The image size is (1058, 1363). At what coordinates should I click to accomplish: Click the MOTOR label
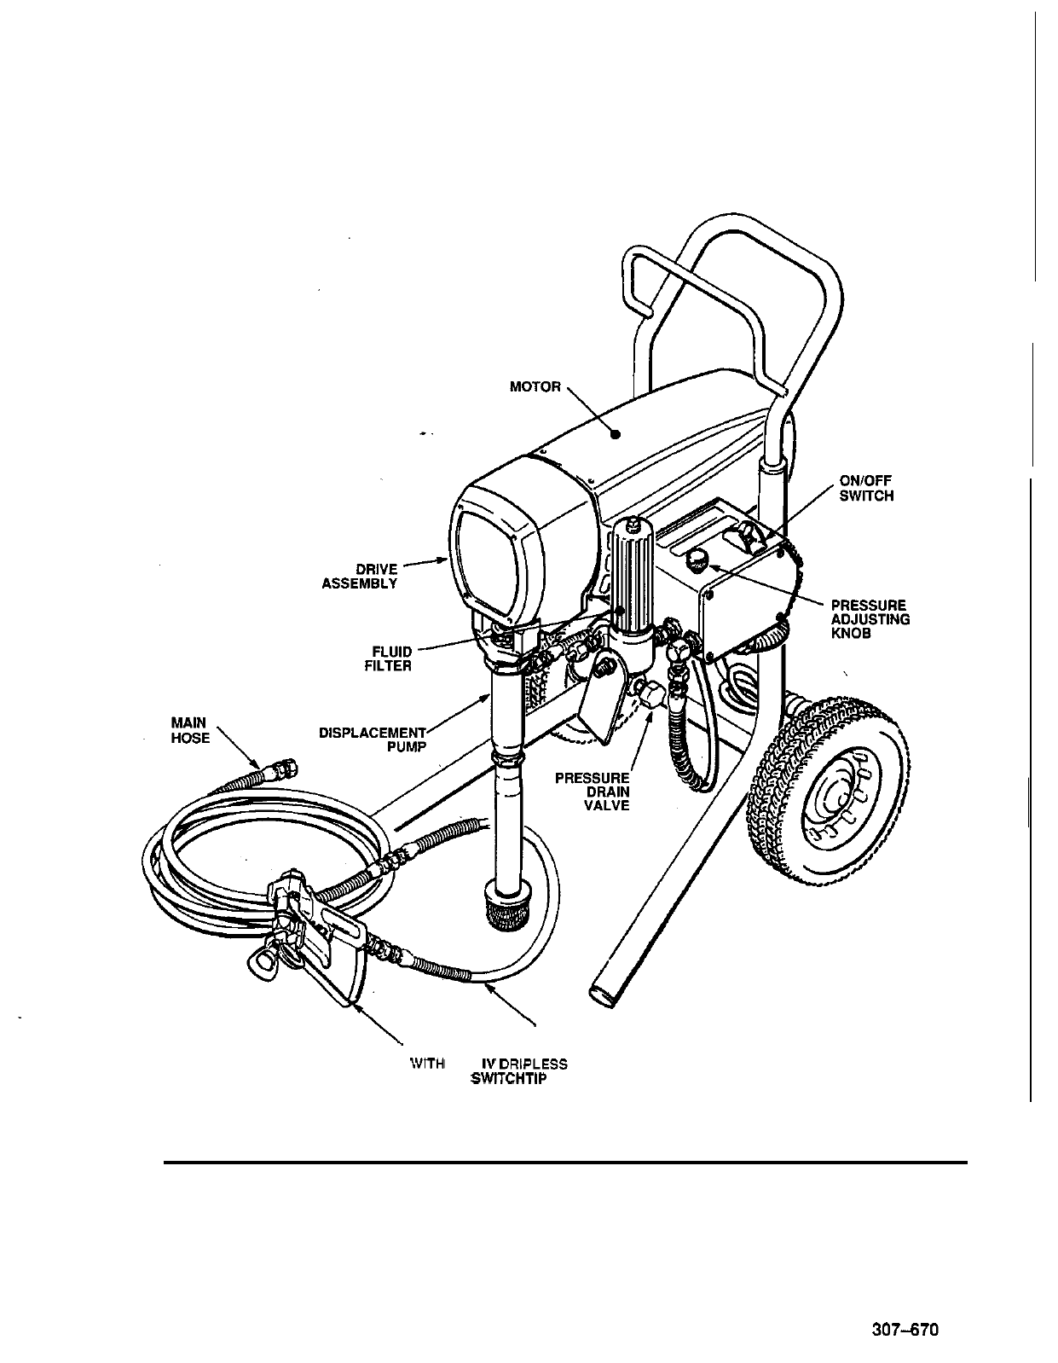(x=535, y=387)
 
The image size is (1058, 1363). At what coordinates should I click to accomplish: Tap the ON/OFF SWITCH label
(x=866, y=489)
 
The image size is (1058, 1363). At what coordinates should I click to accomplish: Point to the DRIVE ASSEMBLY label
(x=360, y=577)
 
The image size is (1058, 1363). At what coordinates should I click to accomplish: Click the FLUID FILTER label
(x=388, y=659)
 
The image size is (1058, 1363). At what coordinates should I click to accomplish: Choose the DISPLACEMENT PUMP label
(x=373, y=739)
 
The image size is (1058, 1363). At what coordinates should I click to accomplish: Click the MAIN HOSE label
(x=190, y=731)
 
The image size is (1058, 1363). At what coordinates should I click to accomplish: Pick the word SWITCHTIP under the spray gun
(x=509, y=1079)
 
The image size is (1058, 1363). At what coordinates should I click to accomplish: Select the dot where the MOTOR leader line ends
(x=614, y=434)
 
